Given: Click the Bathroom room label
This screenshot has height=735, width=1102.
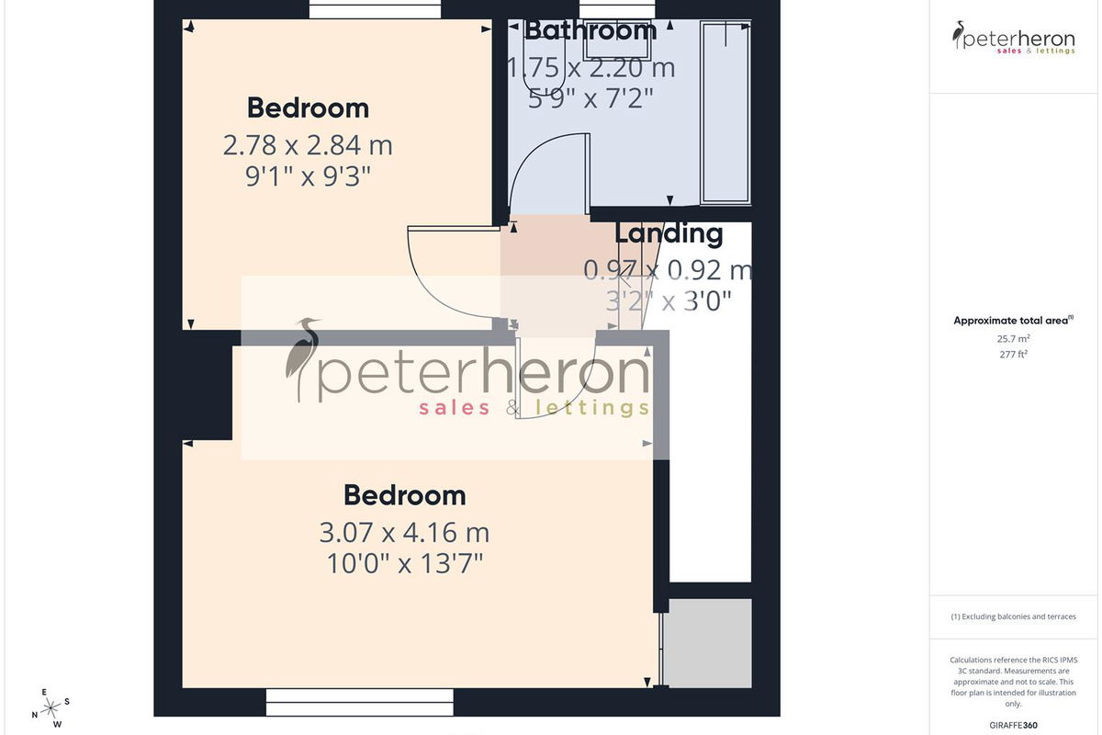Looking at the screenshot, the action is [590, 30].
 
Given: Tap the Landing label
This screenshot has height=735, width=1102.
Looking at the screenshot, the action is [669, 233].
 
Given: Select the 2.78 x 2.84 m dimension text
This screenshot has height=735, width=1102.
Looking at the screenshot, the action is [308, 145].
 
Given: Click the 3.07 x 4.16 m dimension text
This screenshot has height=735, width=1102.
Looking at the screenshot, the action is [404, 533].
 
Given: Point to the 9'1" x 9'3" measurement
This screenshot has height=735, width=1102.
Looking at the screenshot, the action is [308, 176].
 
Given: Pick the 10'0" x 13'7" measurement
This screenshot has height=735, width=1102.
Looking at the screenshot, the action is [405, 564].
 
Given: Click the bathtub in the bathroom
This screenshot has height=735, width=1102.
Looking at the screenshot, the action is [725, 112].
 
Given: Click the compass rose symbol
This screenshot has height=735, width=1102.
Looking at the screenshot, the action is [51, 708].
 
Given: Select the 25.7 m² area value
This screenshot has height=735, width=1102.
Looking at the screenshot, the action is [1014, 339].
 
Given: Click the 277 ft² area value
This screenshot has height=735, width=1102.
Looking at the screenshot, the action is [1014, 354].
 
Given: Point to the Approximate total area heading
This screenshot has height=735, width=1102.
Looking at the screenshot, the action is [1014, 321].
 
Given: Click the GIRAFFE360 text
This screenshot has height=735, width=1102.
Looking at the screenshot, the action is [1014, 725].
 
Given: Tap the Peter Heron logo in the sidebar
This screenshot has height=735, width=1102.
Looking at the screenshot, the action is [1014, 38].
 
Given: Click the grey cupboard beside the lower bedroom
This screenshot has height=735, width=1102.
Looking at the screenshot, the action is [708, 643].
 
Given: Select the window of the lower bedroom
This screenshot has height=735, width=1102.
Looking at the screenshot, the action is [360, 702].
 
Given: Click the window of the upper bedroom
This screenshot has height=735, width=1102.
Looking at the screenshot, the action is [375, 9].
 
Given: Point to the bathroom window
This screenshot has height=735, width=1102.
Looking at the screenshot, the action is [617, 9].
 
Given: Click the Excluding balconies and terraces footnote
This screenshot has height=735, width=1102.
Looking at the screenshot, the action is [1014, 616].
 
